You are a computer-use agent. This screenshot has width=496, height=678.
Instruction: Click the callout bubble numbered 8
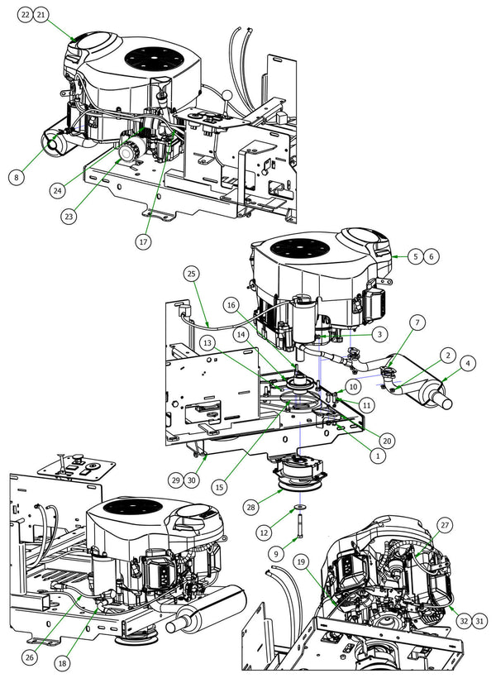pyautogui.click(x=17, y=175)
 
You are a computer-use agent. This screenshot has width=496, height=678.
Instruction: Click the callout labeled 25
pyautogui.click(x=191, y=273)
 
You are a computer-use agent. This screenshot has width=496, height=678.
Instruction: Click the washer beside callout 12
pyautogui.click(x=296, y=506)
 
